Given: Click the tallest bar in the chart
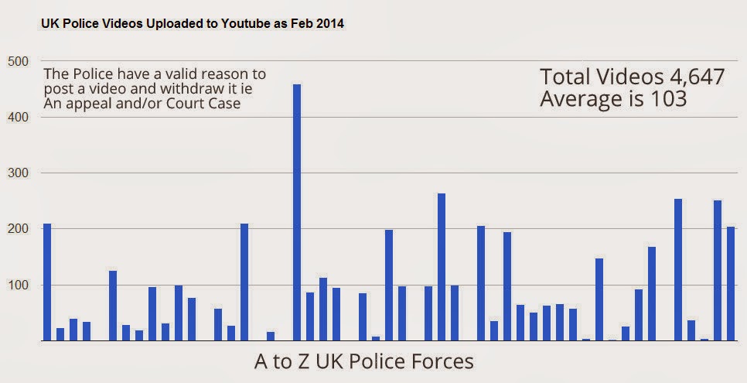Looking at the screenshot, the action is pyautogui.click(x=297, y=213).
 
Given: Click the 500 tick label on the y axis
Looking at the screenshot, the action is pyautogui.click(x=18, y=62).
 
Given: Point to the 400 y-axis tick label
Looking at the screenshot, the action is pyautogui.click(x=18, y=118).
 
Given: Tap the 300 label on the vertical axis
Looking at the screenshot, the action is pyautogui.click(x=18, y=173).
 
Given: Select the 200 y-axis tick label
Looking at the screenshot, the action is pyautogui.click(x=18, y=229).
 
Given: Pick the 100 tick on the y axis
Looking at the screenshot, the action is pyautogui.click(x=18, y=286).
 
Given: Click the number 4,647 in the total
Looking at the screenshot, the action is pyautogui.click(x=695, y=77).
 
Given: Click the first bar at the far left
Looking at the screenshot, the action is pyautogui.click(x=47, y=282).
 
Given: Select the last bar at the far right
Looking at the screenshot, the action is pyautogui.click(x=731, y=284).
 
